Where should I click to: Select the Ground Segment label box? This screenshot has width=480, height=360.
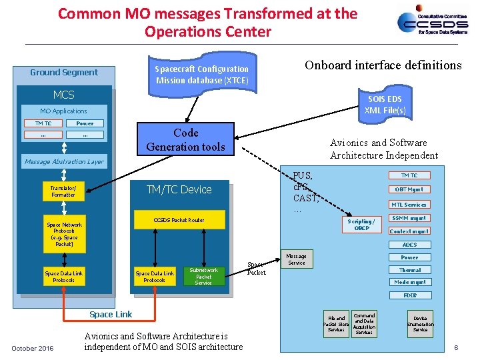[64, 72]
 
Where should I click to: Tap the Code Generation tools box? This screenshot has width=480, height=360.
[185, 140]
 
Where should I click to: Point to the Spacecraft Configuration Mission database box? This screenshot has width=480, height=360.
[201, 74]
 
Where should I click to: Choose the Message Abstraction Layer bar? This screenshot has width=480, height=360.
[64, 161]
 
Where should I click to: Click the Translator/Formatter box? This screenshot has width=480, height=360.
[64, 191]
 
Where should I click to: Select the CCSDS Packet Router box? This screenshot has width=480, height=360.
[179, 220]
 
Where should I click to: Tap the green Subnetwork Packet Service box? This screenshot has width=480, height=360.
[204, 277]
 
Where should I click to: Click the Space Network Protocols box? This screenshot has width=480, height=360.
[64, 235]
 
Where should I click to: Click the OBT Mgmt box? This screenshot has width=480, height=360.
[409, 189]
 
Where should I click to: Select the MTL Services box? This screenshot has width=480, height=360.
[409, 205]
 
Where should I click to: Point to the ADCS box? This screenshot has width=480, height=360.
[409, 245]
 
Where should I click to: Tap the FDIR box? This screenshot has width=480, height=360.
[409, 295]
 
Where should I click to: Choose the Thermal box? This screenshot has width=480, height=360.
[409, 270]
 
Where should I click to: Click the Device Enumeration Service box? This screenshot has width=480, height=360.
[420, 324]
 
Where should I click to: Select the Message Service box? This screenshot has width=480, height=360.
[297, 259]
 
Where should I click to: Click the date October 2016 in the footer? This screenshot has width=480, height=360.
[33, 348]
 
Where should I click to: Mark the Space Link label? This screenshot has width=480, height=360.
[111, 314]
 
